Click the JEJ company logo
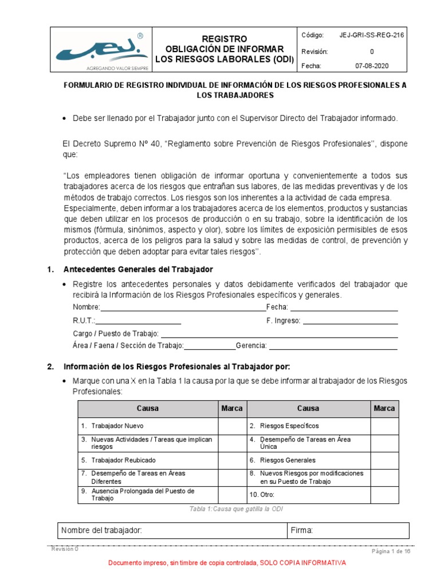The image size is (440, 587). pos(100,50)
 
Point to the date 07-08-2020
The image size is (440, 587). pos(371,66)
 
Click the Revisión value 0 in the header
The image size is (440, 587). pos(371,51)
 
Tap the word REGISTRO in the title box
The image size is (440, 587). pos(224,38)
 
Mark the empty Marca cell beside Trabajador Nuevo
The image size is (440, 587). pos(232,426)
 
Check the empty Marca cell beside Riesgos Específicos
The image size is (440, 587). pos(384,426)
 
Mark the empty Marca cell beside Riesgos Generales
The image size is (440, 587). pos(384,460)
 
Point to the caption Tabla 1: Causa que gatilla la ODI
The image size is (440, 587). pos(235,509)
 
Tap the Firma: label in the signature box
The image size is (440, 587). pos(301,531)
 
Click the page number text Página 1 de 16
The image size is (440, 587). pos(391,551)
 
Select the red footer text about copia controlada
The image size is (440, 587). pos(227,563)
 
